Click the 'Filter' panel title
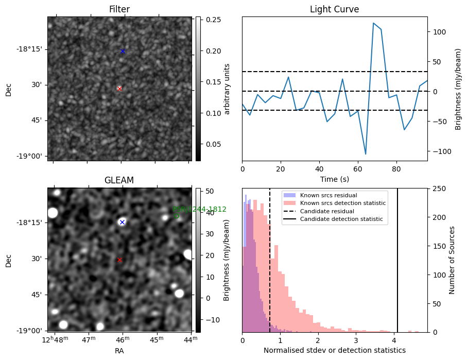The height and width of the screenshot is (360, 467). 119,9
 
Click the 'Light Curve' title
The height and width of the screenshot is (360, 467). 334,9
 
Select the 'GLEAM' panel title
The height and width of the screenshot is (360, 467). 119,180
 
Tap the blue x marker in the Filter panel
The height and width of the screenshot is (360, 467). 123,51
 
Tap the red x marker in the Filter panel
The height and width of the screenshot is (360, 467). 119,89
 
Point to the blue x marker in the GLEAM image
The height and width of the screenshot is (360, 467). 122,222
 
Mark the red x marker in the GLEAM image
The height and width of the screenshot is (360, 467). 119,260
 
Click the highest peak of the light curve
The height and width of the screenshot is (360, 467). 373,23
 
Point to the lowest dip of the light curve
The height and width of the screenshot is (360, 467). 366,154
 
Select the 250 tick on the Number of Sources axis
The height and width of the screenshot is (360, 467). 437,188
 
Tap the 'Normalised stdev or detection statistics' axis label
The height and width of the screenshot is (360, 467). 334,350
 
